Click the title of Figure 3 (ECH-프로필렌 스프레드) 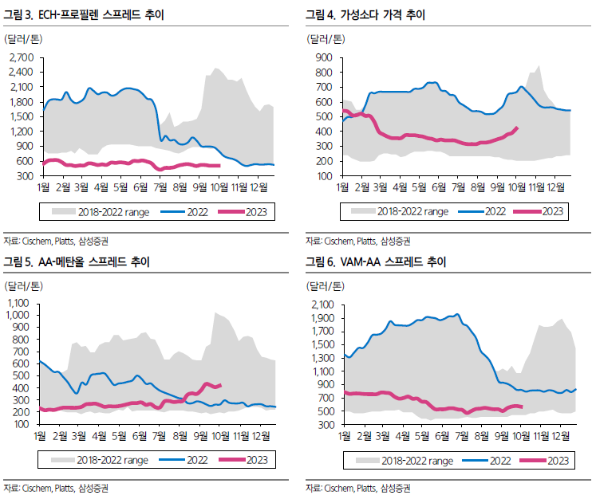pos(84,14)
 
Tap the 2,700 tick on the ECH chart pos(22,57)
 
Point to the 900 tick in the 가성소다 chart pos(324,57)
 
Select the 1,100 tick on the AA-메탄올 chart pos(18,303)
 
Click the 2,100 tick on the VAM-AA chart pos(323,305)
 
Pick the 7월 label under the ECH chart pos(160,187)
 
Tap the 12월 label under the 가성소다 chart pos(556,187)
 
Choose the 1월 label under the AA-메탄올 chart pos(40,436)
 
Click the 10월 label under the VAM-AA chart pos(522,436)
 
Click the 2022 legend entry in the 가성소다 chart pos(482,211)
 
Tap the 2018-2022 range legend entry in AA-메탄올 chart pos(100,460)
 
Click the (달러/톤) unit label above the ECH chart pos(23,39)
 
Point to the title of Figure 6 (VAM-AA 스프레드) pos(376,262)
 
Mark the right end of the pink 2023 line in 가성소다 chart pos(517,128)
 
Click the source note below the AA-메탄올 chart pos(56,489)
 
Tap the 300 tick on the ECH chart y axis pos(25,176)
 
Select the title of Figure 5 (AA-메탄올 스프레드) pos(77,262)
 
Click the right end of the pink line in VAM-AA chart pos(522,407)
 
